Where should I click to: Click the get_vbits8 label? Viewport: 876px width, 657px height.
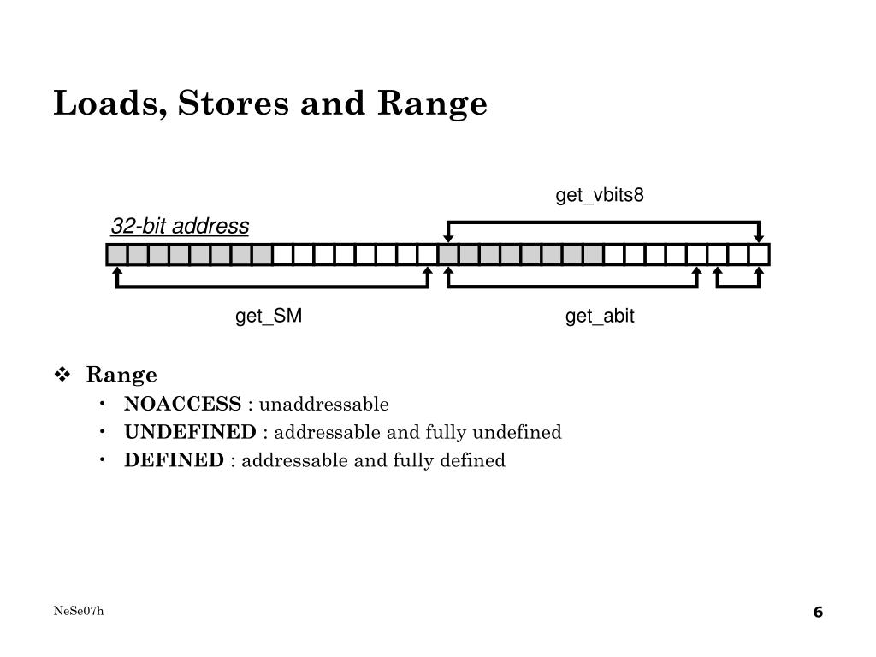599,196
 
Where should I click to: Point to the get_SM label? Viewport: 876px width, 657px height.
269,317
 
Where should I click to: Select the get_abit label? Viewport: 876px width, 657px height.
599,317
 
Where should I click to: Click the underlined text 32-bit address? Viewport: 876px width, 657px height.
180,227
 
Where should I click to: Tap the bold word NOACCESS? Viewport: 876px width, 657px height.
183,404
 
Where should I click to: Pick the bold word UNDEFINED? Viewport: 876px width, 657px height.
190,432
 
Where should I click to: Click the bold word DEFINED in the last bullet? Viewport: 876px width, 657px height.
174,460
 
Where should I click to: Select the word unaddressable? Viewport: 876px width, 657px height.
324,404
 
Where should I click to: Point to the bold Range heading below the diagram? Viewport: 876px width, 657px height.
121,375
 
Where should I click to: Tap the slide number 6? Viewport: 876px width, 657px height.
817,612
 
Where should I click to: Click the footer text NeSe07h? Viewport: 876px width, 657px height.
79,610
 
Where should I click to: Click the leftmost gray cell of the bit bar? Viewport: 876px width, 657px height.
117,254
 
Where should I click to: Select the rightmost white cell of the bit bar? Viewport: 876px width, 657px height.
759,254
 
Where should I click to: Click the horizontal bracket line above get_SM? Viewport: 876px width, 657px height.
272,287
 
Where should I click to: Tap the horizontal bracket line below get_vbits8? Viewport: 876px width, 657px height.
603,222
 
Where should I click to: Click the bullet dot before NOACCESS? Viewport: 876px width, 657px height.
103,404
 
